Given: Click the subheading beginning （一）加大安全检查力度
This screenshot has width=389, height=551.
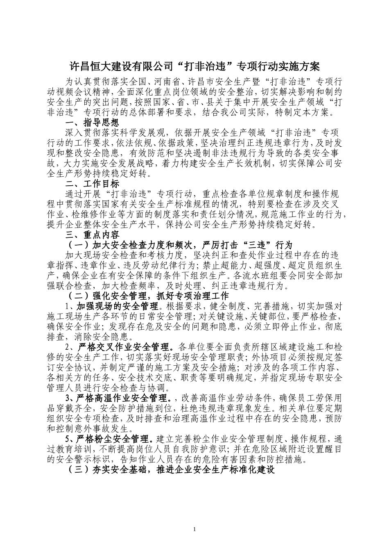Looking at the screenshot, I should pyautogui.click(x=180, y=245).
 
